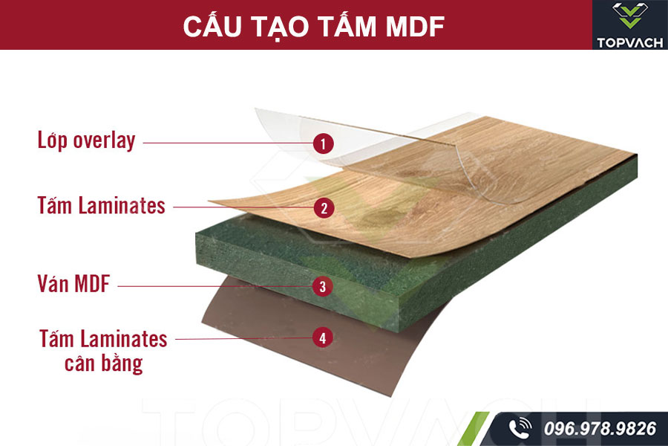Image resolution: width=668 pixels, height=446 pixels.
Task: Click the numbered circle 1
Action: click(x=323, y=143)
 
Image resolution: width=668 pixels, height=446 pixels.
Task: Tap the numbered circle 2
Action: click(x=323, y=208)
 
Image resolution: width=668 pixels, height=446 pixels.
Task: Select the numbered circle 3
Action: click(x=321, y=285)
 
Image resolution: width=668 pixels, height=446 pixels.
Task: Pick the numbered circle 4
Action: click(x=321, y=338)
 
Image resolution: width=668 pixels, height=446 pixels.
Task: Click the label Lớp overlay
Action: click(x=86, y=140)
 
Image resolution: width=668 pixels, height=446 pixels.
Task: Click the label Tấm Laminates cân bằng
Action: click(x=103, y=351)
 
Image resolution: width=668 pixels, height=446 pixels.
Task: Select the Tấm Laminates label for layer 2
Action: click(x=102, y=205)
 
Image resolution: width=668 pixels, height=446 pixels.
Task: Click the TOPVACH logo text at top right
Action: click(x=630, y=42)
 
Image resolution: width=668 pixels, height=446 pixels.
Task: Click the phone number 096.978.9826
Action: click(x=600, y=428)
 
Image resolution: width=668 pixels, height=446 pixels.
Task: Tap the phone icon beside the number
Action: click(x=520, y=428)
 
